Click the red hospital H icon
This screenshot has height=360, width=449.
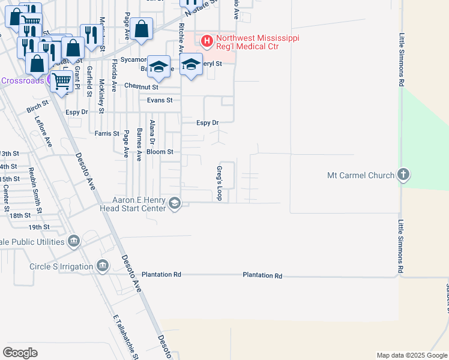207,41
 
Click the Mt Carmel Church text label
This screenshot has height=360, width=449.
360,176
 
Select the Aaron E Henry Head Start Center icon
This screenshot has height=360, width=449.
175,203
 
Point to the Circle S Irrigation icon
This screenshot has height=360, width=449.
103,266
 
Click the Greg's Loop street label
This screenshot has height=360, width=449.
220,184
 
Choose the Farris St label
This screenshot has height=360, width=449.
107,133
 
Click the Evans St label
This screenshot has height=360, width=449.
160,100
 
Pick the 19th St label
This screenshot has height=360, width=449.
38,227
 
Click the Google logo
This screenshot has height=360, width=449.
20,352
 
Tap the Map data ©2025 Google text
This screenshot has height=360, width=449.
411,355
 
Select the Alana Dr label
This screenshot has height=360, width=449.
152,133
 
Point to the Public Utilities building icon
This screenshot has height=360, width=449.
74,241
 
